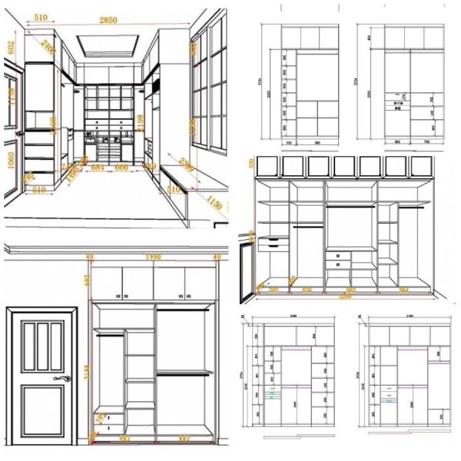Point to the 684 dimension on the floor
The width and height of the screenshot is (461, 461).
98,167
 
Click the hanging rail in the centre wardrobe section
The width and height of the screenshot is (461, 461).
350,206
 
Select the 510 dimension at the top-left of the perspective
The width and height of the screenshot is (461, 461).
41,17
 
